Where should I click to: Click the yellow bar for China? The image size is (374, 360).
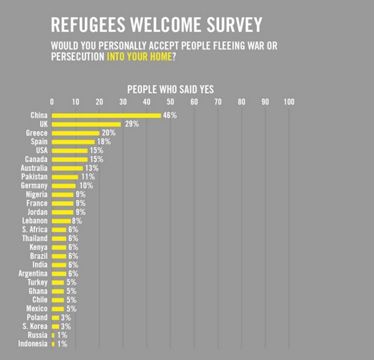click(x=106, y=115)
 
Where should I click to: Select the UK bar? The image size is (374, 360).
click(x=86, y=124)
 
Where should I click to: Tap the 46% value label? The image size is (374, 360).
click(x=170, y=115)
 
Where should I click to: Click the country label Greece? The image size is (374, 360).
click(x=36, y=133)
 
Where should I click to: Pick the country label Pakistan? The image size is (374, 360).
click(x=34, y=177)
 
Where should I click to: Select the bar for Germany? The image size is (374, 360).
click(x=63, y=186)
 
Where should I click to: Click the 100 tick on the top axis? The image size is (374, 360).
click(x=289, y=101)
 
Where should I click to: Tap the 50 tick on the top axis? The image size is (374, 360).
click(x=170, y=101)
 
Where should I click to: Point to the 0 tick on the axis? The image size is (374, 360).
click(x=51, y=101)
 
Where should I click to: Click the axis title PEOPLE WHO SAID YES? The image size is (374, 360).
click(x=170, y=89)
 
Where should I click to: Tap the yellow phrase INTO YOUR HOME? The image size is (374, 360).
click(x=139, y=56)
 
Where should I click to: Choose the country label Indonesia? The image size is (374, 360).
click(x=33, y=344)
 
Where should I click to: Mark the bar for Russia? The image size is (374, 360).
click(x=53, y=335)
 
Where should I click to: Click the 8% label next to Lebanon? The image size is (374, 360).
click(x=77, y=221)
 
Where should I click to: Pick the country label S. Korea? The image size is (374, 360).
click(x=34, y=326)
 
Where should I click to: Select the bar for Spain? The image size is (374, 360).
click(x=73, y=142)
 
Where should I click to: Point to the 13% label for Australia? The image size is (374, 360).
click(x=92, y=168)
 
